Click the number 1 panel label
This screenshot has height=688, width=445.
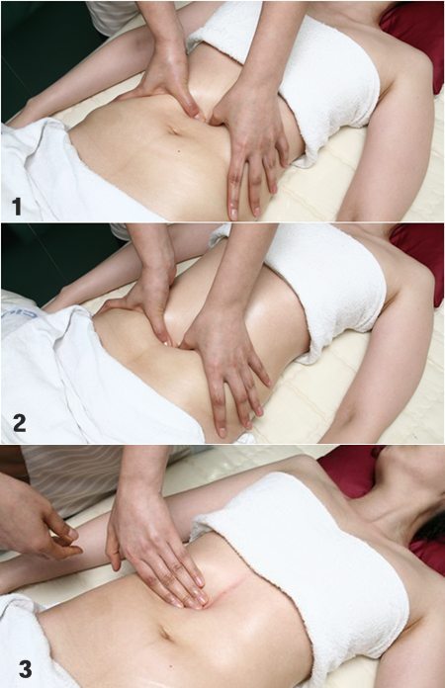tap(17, 207)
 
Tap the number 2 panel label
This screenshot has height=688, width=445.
tap(20, 423)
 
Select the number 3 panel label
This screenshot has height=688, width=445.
tap(25, 669)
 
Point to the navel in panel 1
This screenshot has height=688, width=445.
tap(173, 130)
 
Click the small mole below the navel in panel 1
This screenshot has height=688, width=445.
tap(179, 152)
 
